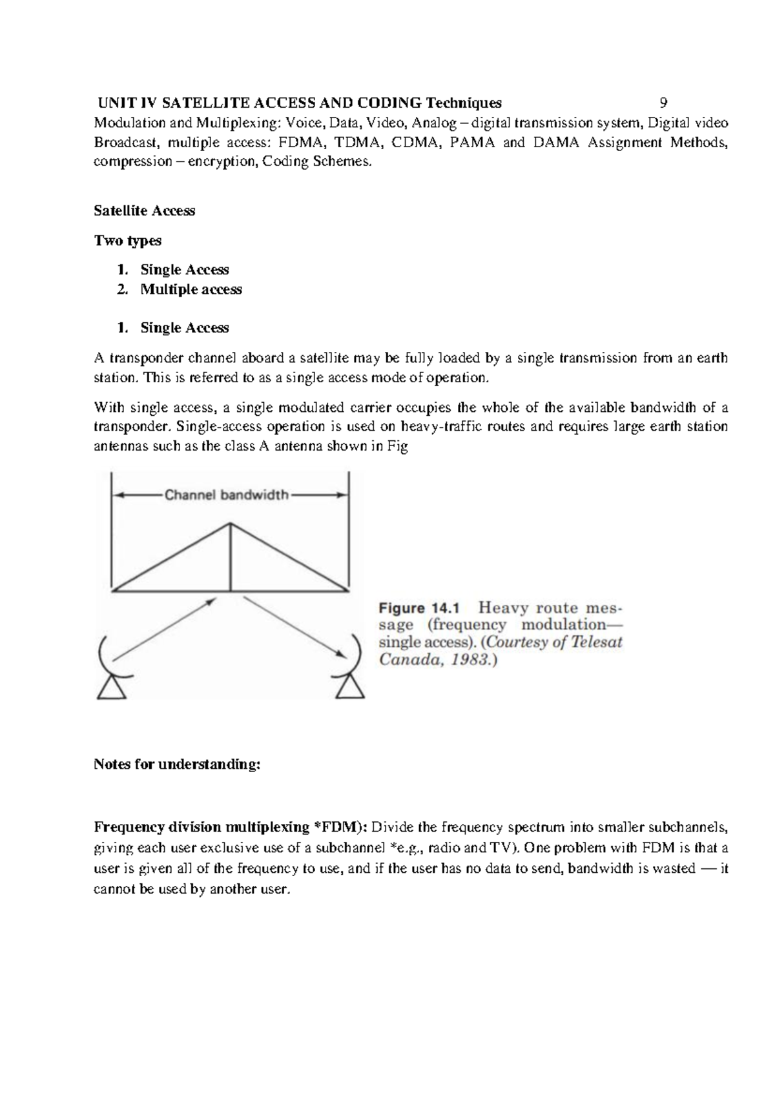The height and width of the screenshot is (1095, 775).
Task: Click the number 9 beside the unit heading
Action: point(663,103)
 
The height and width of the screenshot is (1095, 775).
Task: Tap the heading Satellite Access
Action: point(144,211)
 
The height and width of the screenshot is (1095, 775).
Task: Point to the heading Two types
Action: point(127,241)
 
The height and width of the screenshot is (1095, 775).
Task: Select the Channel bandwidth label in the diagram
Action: point(226,496)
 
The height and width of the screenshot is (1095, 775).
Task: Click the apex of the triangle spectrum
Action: point(231,524)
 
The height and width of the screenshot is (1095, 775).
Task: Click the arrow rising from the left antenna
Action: point(165,629)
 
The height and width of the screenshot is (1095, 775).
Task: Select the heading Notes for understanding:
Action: point(177,764)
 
